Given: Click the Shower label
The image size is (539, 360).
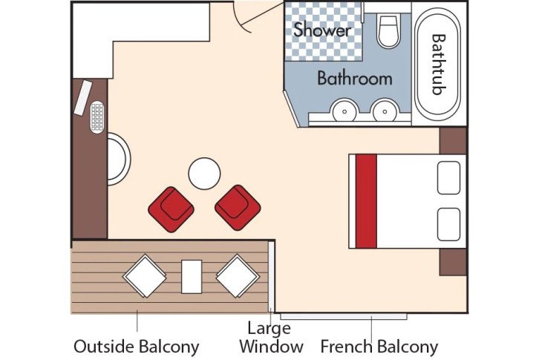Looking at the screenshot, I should (x=321, y=30).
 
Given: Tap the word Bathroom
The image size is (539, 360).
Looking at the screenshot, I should (x=354, y=78).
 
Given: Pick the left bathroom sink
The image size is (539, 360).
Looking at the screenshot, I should (x=344, y=112).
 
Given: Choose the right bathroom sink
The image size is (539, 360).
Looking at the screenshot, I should (x=384, y=112).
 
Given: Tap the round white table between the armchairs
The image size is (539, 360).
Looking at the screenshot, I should (x=204, y=174).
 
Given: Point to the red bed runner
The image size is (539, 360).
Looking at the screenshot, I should (x=366, y=200).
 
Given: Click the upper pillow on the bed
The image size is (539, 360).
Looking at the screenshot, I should (x=451, y=177).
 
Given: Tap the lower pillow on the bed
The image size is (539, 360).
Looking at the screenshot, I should (x=451, y=224).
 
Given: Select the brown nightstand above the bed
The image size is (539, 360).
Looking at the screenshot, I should (x=453, y=140).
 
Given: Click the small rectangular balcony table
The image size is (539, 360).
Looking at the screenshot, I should (x=192, y=276).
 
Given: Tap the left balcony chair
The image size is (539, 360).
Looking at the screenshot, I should (x=144, y=275).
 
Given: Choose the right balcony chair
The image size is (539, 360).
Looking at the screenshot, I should (x=238, y=275).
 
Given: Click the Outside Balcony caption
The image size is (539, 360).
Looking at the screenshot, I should (x=137, y=347).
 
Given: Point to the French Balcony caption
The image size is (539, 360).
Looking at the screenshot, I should (x=379, y=347).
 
